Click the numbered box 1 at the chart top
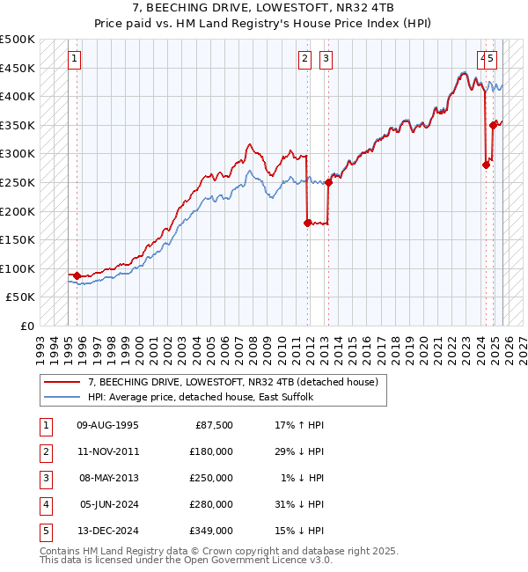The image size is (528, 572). [74, 59]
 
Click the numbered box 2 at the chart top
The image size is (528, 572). [304, 59]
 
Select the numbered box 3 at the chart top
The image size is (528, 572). [326, 59]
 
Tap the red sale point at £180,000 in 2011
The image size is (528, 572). [307, 223]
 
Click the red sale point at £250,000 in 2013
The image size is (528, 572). [328, 182]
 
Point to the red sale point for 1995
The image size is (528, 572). [77, 275]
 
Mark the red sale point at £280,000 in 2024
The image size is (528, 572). [486, 165]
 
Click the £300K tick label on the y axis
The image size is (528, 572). [18, 154]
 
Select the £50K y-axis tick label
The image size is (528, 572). [21, 297]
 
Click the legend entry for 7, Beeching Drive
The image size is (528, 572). [233, 382]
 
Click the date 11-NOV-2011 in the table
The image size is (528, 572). [108, 451]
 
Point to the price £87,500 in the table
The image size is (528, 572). [214, 424]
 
